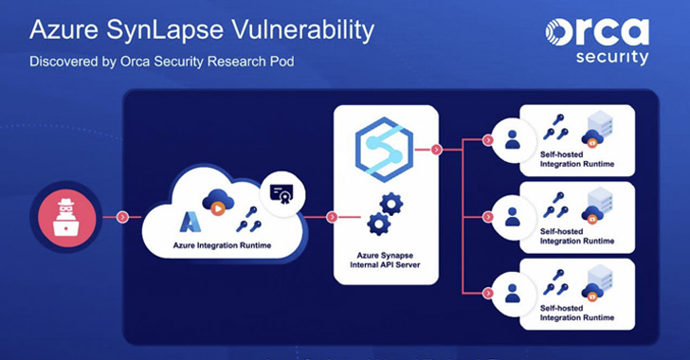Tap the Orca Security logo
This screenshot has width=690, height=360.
(597, 40)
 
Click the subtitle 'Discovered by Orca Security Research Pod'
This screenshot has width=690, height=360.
(160, 64)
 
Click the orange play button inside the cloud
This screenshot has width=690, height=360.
(217, 207)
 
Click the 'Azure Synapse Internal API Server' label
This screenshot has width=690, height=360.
(386, 259)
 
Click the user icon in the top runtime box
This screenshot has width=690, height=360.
(513, 140)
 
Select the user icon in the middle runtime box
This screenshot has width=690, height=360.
(513, 216)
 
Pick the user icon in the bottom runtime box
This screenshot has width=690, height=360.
(513, 292)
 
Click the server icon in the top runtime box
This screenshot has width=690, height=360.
(599, 132)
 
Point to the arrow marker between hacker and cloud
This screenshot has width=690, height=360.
(122, 216)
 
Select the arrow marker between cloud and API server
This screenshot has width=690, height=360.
(332, 216)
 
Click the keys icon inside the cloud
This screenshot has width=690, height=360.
(249, 220)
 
